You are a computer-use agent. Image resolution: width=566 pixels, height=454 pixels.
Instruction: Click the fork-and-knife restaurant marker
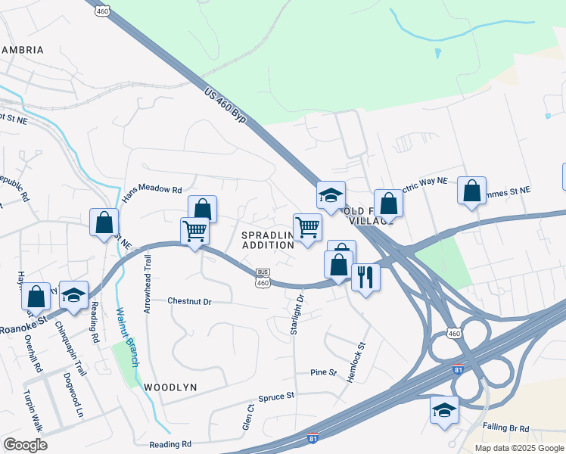click(x=365, y=278)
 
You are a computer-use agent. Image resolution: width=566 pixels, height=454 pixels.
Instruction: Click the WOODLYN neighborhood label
click(x=170, y=387)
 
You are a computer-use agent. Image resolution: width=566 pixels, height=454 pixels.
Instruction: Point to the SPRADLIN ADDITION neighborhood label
click(x=267, y=240)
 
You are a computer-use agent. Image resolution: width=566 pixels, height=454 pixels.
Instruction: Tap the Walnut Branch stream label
click(x=126, y=337)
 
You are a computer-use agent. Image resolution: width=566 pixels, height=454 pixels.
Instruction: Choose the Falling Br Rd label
click(x=508, y=428)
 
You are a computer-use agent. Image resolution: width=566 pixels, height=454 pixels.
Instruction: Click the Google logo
click(x=25, y=445)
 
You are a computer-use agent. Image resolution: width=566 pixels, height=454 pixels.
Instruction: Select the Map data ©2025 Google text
click(x=519, y=448)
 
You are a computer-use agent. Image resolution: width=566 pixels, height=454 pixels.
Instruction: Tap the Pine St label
click(x=323, y=372)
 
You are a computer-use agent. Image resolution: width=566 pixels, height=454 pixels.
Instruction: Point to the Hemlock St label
click(x=356, y=361)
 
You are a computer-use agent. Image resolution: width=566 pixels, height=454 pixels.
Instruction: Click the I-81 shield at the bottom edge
click(x=313, y=438)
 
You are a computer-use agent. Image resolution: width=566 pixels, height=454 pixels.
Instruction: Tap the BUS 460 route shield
click(x=263, y=278)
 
